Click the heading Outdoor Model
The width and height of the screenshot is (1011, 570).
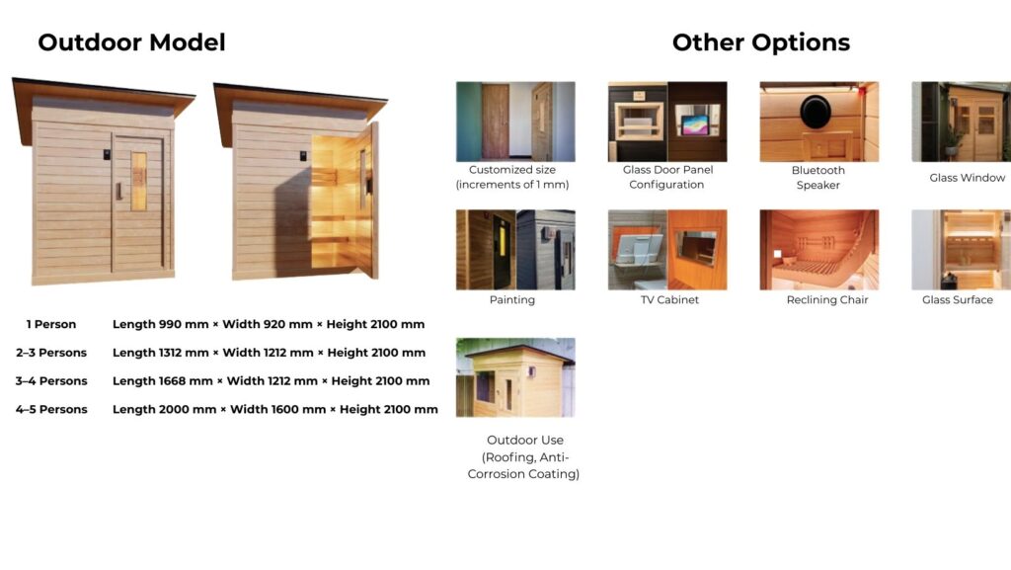click(131, 42)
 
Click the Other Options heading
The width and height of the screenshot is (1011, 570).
click(761, 42)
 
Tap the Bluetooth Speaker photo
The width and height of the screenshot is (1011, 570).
click(818, 122)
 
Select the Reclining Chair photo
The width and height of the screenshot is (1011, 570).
click(818, 250)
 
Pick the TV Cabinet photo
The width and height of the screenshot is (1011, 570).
click(667, 250)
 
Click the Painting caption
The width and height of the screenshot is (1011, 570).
click(512, 300)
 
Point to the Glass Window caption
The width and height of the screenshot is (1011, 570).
click(968, 177)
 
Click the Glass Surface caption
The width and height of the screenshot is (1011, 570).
click(958, 300)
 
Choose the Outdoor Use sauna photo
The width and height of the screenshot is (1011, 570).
click(515, 377)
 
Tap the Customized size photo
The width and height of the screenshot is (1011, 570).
click(515, 122)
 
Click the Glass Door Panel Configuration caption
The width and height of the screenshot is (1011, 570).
click(667, 177)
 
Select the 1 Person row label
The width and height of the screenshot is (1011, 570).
click(51, 324)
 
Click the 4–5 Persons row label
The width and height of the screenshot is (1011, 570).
click(51, 409)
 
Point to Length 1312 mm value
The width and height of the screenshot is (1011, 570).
click(161, 353)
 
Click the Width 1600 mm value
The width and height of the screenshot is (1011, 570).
click(277, 409)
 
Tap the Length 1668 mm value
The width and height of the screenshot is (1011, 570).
click(163, 381)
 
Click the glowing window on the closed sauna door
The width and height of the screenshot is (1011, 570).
click(138, 181)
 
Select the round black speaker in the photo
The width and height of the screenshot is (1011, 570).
click(816, 111)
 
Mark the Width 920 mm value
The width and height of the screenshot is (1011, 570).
click(268, 324)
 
